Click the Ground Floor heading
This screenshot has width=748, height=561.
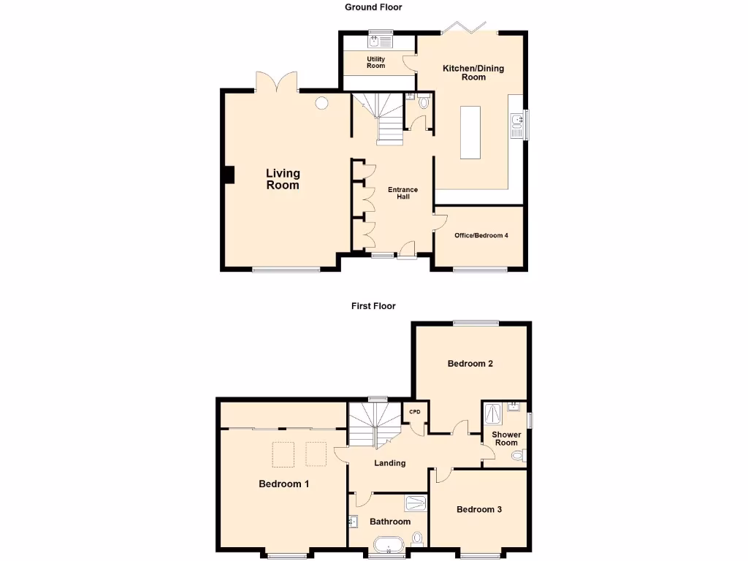click(x=373, y=7)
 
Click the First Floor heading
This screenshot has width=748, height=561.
click(x=373, y=306)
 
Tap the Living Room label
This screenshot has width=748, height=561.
click(x=283, y=179)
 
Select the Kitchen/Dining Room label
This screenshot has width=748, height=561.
click(x=473, y=72)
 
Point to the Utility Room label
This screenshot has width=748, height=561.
click(x=375, y=63)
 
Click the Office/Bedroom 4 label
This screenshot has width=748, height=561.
click(x=481, y=235)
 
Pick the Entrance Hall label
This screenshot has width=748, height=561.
click(x=403, y=193)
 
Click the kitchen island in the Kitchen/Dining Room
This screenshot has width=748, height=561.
click(x=470, y=132)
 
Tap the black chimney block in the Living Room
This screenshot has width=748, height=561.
click(x=229, y=175)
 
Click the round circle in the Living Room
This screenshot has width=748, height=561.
click(x=321, y=104)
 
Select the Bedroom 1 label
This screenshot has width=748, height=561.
click(x=284, y=484)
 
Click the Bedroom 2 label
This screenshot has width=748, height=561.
click(x=470, y=363)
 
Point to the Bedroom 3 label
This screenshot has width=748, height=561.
click(x=478, y=509)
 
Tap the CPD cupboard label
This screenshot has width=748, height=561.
click(x=415, y=412)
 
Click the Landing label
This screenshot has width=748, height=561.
click(x=389, y=463)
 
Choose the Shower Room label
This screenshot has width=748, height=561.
click(x=506, y=438)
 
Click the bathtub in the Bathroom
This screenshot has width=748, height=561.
click(x=388, y=545)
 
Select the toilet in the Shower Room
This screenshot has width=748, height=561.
click(x=518, y=457)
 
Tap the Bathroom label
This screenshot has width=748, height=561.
click(x=389, y=522)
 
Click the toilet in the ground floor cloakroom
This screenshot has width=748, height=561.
click(x=424, y=103)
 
